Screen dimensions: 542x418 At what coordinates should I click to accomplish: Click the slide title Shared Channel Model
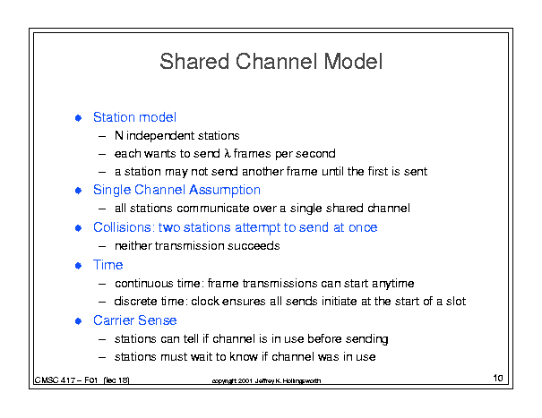pos(271,62)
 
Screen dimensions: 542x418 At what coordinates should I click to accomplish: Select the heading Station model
pos(134,117)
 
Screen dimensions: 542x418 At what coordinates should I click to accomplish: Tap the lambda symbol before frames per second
pos(227,153)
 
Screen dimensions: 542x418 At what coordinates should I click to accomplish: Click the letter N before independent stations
pos(119,135)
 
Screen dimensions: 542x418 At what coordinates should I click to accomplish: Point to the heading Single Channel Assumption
pos(176,190)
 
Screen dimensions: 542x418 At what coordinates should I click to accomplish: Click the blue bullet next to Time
pos(79,266)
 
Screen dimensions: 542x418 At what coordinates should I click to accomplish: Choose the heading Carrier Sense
pos(134,320)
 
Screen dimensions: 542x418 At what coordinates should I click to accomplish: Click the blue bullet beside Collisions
pos(79,228)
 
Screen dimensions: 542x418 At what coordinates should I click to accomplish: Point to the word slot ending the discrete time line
pos(456,302)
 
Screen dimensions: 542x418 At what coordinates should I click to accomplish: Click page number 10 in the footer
pos(498,378)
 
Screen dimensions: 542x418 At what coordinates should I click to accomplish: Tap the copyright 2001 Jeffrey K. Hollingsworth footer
pos(266,380)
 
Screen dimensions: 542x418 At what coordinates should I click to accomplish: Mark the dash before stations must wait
pos(102,357)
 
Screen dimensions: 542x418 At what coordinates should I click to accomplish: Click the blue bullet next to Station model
pos(79,118)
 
